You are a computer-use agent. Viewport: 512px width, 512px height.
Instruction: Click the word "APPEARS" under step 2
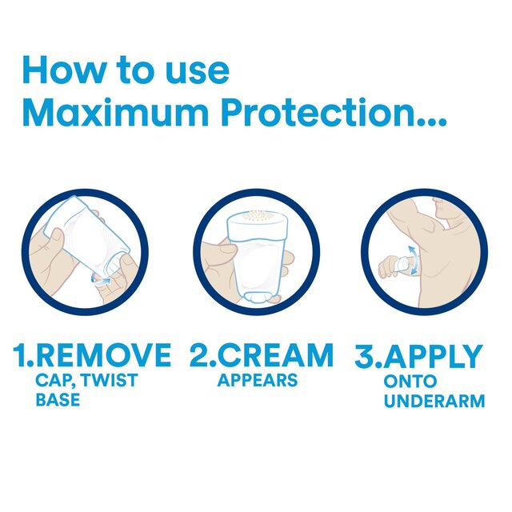(257, 380)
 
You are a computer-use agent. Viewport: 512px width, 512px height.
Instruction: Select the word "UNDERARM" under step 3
(434, 400)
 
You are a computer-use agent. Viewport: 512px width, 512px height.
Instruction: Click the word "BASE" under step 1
(58, 398)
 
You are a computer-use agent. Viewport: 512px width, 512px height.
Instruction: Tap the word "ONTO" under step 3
(410, 381)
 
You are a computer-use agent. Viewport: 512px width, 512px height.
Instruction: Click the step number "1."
(25, 355)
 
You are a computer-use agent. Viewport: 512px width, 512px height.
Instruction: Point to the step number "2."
(200, 355)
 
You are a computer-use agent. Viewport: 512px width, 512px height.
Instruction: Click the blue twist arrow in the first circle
(103, 279)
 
